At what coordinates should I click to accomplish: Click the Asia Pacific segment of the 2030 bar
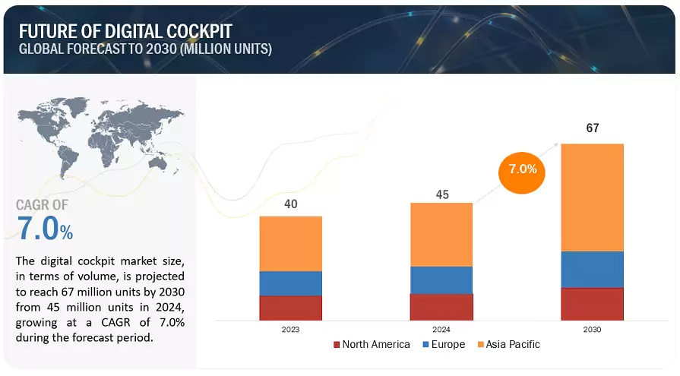[x=592, y=197]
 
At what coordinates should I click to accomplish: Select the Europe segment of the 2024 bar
[x=441, y=280]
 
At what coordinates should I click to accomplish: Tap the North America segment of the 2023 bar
[x=290, y=308]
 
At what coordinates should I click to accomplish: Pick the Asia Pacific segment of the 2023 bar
[x=290, y=243]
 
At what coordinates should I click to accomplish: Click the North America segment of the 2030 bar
[x=592, y=304]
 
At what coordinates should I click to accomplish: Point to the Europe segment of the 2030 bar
[x=592, y=270]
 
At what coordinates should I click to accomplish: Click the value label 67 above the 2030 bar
[x=593, y=128]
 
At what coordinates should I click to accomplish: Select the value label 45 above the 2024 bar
[x=442, y=194]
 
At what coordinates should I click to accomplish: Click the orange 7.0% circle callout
[x=523, y=169]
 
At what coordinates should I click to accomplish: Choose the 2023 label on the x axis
[x=290, y=330]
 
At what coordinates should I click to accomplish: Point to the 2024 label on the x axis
[x=441, y=330]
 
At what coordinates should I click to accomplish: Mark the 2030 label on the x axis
[x=592, y=330]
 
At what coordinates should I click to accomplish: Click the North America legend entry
[x=372, y=345]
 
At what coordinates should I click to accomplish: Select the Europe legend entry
[x=443, y=345]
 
